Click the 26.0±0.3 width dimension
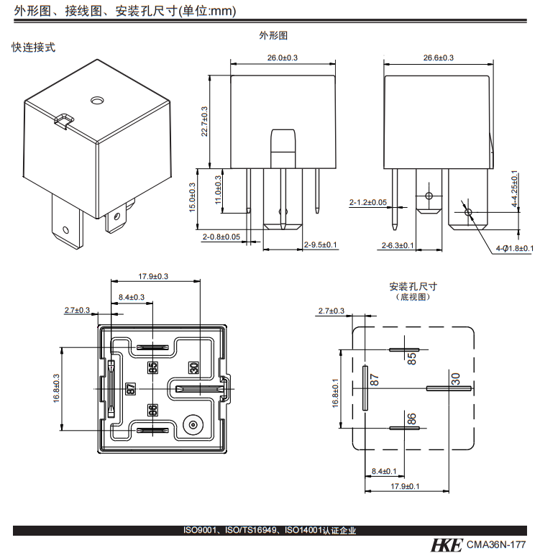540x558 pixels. tap(283, 57)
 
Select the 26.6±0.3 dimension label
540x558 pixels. tap(438, 58)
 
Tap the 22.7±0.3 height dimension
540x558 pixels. tap(204, 121)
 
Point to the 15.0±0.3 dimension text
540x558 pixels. tap(191, 197)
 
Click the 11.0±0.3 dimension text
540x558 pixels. tap(218, 190)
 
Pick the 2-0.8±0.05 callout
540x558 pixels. tap(221, 237)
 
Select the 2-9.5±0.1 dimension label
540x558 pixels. tap(321, 245)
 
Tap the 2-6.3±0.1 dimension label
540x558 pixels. tap(398, 246)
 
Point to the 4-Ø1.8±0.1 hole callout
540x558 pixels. tap(514, 249)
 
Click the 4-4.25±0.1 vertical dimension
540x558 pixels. tap(514, 190)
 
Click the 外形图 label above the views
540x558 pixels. tap(273, 35)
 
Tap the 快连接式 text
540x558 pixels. tap(33, 47)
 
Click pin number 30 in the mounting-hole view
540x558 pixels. tap(454, 379)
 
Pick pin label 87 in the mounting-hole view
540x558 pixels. tap(374, 380)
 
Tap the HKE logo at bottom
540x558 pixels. tap(447, 545)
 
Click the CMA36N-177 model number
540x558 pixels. tap(496, 546)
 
